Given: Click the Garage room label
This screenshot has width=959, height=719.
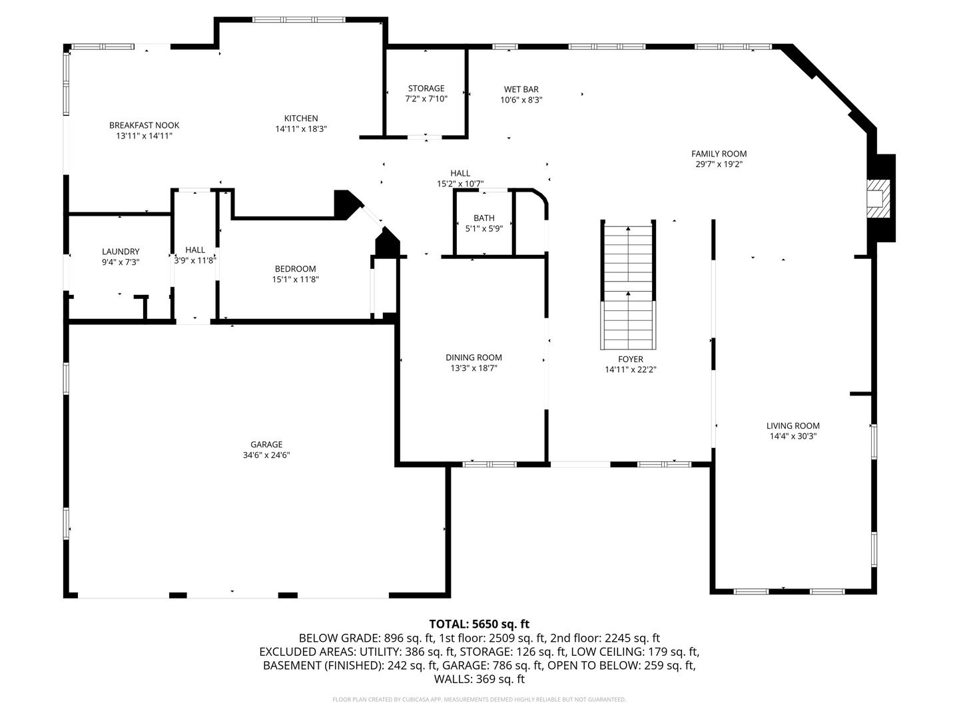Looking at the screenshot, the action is pyautogui.click(x=266, y=445).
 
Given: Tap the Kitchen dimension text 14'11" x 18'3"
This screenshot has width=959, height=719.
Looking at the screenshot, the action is pyautogui.click(x=301, y=129).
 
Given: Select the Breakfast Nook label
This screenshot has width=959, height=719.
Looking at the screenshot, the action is pyautogui.click(x=144, y=125).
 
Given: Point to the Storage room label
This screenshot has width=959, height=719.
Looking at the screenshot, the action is pyautogui.click(x=426, y=89).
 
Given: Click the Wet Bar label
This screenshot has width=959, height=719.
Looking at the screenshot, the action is pyautogui.click(x=521, y=89).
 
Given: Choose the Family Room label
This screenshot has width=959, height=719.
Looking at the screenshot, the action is pyautogui.click(x=719, y=154).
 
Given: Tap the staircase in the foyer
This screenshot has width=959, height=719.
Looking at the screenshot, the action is pyautogui.click(x=629, y=286).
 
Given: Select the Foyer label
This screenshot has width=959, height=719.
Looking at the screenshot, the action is pyautogui.click(x=630, y=359).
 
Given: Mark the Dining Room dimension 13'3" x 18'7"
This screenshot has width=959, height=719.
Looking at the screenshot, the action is pyautogui.click(x=474, y=368).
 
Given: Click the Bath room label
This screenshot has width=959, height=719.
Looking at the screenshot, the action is pyautogui.click(x=484, y=218).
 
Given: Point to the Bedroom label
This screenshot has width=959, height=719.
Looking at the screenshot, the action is pyautogui.click(x=295, y=269).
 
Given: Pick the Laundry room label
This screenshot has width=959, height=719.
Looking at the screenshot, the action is pyautogui.click(x=121, y=252).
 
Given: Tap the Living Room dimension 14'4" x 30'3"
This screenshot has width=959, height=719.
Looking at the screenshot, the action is pyautogui.click(x=793, y=437).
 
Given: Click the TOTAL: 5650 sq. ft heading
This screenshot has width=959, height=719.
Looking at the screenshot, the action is pyautogui.click(x=479, y=624).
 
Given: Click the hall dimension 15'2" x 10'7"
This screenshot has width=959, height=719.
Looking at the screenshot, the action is pyautogui.click(x=460, y=184).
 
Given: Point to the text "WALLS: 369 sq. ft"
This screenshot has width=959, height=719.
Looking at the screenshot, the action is pyautogui.click(x=479, y=679).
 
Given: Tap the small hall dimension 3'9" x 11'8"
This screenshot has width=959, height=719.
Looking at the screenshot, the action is pyautogui.click(x=195, y=261).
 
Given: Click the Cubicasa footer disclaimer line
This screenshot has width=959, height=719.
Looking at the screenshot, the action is pyautogui.click(x=479, y=700).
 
